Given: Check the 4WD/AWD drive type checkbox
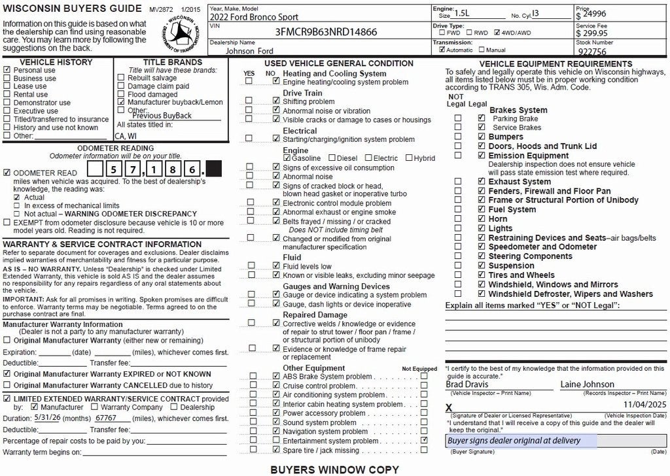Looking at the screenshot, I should (x=498, y=32).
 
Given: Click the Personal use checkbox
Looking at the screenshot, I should (x=7, y=70).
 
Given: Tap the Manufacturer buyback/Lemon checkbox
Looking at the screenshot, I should (x=121, y=103).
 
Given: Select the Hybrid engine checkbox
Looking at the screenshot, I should (x=409, y=158).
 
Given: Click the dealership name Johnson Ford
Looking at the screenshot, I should (x=250, y=50).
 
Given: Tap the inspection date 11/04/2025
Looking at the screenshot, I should (x=644, y=405).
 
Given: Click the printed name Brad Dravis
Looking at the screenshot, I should (x=467, y=384).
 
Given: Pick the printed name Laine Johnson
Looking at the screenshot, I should (x=587, y=384).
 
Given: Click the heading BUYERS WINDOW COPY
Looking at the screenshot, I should (x=334, y=469).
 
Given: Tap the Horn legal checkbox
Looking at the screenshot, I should (x=482, y=219).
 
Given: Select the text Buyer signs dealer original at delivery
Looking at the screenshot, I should (x=514, y=441).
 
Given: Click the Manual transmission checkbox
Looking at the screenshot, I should (x=482, y=50).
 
